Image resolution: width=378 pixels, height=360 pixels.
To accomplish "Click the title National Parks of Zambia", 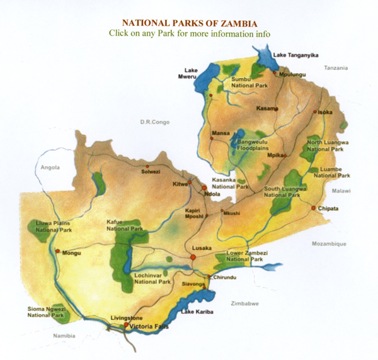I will [x=188, y=21].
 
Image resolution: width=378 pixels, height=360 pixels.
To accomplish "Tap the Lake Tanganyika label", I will [x=297, y=55].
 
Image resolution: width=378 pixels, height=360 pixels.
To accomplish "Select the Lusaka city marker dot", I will [x=194, y=257].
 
